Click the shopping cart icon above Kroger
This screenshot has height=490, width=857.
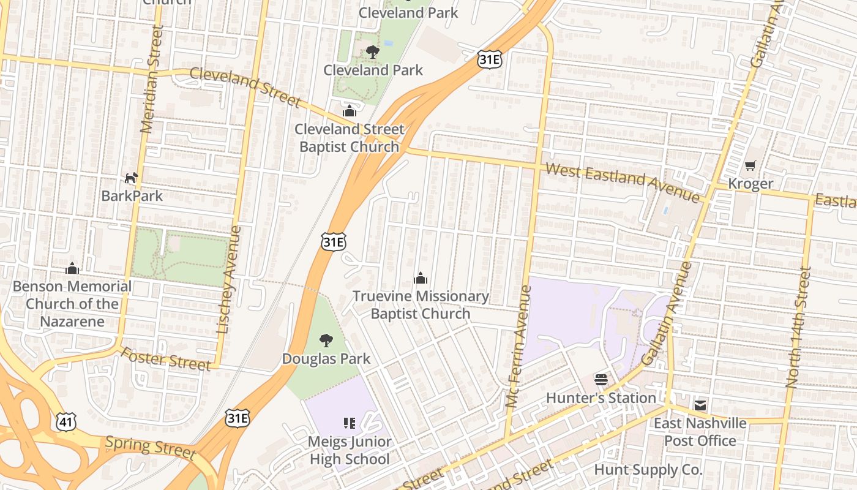(750, 165)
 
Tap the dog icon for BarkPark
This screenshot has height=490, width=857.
(132, 178)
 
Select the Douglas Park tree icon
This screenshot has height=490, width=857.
(326, 340)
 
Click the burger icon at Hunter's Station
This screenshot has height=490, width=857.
(601, 380)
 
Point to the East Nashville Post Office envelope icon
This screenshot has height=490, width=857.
(700, 405)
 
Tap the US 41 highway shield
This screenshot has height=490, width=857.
(65, 421)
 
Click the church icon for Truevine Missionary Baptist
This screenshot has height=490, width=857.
(420, 279)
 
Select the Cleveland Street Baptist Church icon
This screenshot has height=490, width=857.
(349, 111)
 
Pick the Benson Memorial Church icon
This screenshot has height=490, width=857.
(72, 268)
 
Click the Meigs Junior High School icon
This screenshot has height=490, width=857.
(350, 423)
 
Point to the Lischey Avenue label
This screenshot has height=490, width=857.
(228, 280)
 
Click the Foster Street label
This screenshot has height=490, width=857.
(165, 359)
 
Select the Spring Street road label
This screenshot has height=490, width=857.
(151, 447)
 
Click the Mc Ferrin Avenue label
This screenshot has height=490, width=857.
(518, 346)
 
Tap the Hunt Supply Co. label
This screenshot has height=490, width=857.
(648, 470)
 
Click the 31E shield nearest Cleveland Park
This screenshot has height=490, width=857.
(490, 59)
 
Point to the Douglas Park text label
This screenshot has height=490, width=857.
(326, 358)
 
